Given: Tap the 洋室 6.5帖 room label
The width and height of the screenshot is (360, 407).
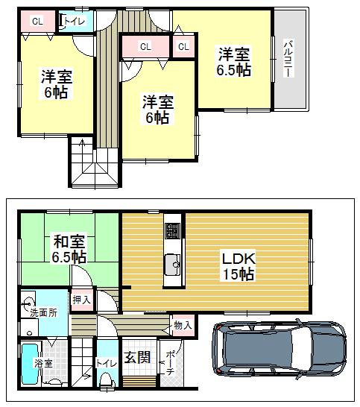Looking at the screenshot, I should [233, 62].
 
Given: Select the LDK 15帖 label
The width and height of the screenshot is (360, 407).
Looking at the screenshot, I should [239, 266].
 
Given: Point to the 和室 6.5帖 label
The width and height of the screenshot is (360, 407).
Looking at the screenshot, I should [69, 249].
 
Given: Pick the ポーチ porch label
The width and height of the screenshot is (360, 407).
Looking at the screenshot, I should [170, 362].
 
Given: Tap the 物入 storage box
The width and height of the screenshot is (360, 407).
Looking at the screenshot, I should [182, 324].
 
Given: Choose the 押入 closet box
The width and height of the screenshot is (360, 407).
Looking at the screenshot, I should [83, 300].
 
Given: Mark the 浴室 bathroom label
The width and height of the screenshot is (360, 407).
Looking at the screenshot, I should [43, 365].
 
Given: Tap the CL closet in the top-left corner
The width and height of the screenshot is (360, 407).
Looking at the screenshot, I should [37, 22].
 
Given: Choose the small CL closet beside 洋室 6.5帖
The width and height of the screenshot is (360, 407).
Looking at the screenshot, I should [183, 47].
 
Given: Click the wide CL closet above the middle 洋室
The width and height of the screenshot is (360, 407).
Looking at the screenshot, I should [145, 47].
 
